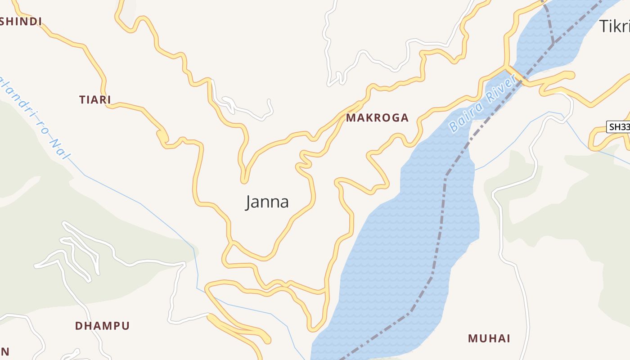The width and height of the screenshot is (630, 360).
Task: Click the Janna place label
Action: [267, 202]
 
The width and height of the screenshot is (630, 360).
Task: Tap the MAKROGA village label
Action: [377, 118]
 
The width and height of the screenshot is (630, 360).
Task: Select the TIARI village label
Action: [95, 100]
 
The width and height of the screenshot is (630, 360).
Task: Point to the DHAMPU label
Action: [102, 326]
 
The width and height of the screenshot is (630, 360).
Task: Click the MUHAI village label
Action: [489, 338]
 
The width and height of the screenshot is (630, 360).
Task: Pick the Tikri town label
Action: [615, 27]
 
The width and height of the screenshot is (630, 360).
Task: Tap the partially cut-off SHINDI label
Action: [21, 22]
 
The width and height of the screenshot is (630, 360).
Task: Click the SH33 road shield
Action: [619, 127]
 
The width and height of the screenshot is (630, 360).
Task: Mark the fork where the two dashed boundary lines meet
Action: [553, 44]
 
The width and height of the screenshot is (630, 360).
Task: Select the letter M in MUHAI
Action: [472, 338]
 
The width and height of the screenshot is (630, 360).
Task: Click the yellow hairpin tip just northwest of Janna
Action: [244, 180]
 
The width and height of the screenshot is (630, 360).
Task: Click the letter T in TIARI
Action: [83, 100]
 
